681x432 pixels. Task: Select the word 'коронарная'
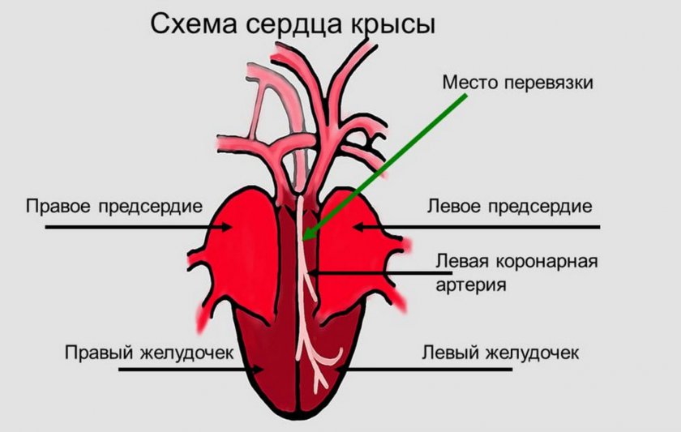[x=550, y=263]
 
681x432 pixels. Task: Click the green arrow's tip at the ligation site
[x=304, y=240]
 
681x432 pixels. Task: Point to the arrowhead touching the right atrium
[x=216, y=228]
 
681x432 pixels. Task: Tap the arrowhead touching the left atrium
[x=357, y=228]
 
